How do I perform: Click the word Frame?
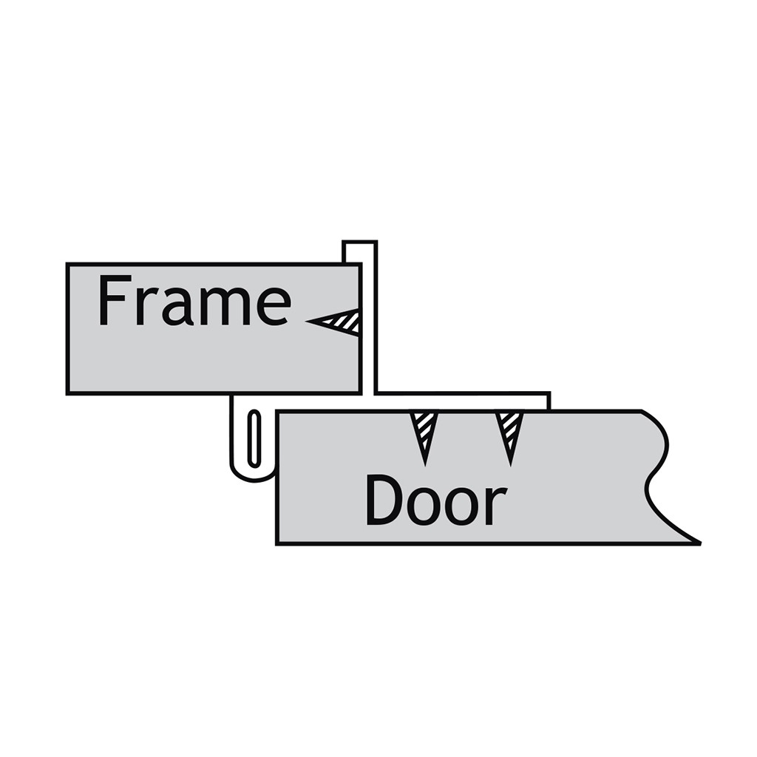pyautogui.click(x=194, y=299)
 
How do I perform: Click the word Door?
pyautogui.click(x=436, y=500)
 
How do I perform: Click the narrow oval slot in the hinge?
pyautogui.click(x=254, y=439)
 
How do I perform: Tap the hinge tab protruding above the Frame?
pyautogui.click(x=360, y=251)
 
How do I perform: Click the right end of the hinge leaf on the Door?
pyautogui.click(x=549, y=401)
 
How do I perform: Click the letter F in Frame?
pyautogui.click(x=115, y=300)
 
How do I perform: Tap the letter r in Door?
pyautogui.click(x=498, y=506)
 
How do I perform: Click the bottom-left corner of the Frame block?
pyautogui.click(x=67, y=393)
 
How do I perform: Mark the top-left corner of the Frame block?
pyautogui.click(x=67, y=264)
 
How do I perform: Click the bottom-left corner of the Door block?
pyautogui.click(x=276, y=544)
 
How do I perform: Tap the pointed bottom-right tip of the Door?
pyautogui.click(x=700, y=543)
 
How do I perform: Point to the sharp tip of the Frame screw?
pyautogui.click(x=306, y=321)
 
